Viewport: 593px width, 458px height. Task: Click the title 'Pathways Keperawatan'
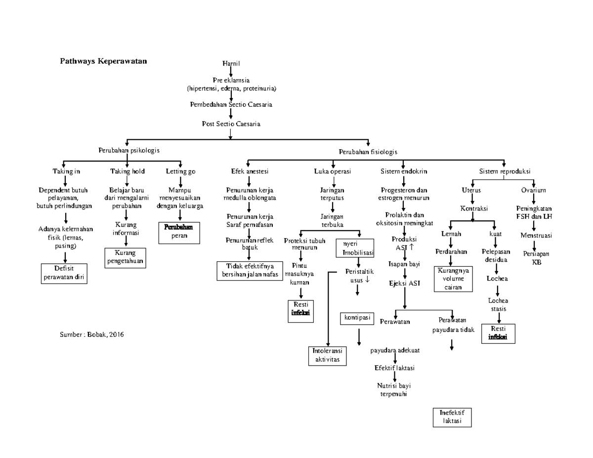[x=103, y=61]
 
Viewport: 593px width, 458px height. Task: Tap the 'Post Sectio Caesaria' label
[x=231, y=124]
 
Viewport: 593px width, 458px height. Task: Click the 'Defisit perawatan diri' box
[x=64, y=273]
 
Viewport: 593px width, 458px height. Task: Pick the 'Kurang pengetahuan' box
[x=125, y=257]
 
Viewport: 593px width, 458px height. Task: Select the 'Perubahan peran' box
[x=179, y=232]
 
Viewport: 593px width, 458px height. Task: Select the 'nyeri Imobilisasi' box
[x=354, y=249]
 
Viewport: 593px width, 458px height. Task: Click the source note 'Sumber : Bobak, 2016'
[x=91, y=334]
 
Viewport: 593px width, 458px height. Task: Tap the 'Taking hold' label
[x=127, y=171]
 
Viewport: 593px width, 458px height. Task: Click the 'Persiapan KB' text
[x=536, y=258]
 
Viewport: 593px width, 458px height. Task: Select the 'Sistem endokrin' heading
[x=404, y=171]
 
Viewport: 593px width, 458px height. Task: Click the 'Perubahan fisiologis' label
[x=368, y=152]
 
